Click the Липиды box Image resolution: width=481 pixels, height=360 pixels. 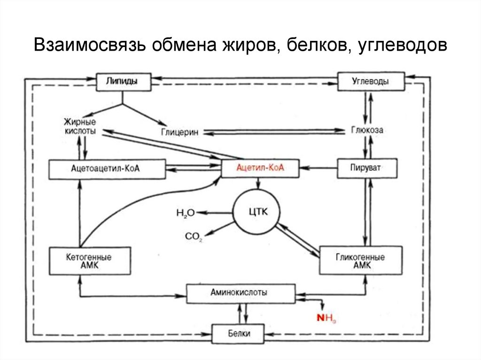pyautogui.click(x=124, y=81)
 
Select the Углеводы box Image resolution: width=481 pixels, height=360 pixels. pyautogui.click(x=371, y=81)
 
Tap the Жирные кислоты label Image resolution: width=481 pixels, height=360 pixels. pyautogui.click(x=80, y=127)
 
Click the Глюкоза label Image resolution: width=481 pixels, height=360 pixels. pyautogui.click(x=367, y=130)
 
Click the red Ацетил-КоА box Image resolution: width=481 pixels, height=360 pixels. pyautogui.click(x=261, y=168)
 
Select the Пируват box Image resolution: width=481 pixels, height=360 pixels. pyautogui.click(x=367, y=168)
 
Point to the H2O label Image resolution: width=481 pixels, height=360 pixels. pyautogui.click(x=185, y=213)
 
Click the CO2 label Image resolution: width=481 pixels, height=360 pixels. pyautogui.click(x=193, y=237)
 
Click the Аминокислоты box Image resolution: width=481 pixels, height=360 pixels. pyautogui.click(x=241, y=293)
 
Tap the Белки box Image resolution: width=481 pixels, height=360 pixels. pyautogui.click(x=240, y=334)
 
